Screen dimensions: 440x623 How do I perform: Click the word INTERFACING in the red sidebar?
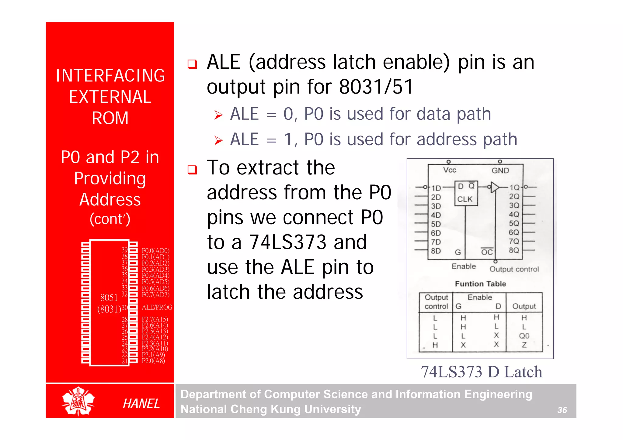[110, 76]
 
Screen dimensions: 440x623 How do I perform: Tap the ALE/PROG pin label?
[157, 307]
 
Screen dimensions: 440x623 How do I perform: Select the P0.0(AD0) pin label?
[155, 251]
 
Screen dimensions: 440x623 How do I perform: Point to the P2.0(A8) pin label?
[153, 361]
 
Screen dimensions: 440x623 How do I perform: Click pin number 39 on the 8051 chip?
[125, 250]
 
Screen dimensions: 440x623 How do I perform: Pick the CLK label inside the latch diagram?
[465, 199]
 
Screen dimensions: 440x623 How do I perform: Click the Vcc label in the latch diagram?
[450, 170]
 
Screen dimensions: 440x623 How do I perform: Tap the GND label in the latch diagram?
[500, 170]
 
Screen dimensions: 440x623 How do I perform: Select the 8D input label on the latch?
[436, 251]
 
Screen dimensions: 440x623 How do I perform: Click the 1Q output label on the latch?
[514, 187]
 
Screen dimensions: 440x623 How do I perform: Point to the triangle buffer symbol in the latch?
[495, 187]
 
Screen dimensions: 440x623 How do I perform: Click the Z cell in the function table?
[524, 345]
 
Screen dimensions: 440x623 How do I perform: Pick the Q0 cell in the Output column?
[524, 336]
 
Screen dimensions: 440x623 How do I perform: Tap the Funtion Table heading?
[480, 284]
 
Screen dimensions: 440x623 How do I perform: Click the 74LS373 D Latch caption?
[481, 372]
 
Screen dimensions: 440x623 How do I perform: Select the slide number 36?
[562, 410]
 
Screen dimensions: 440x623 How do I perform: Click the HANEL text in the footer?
[141, 404]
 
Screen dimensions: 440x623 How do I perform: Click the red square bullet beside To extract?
[192, 170]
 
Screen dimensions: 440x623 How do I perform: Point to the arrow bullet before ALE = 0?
[218, 115]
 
